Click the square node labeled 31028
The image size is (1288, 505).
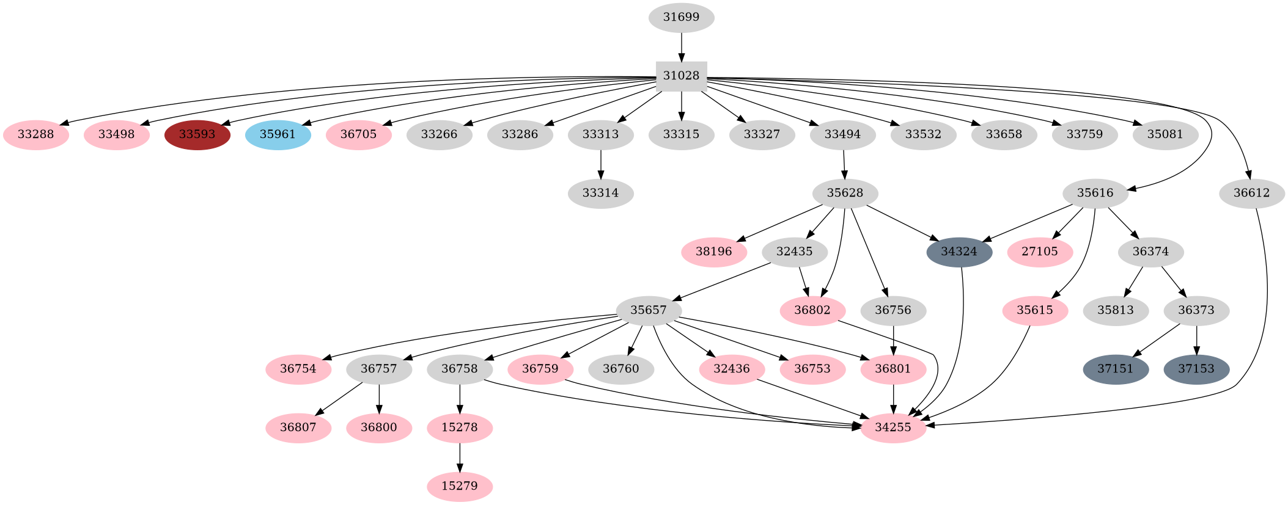[x=681, y=76]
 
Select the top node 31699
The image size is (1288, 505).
[x=681, y=17]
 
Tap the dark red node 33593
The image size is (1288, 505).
[x=197, y=134]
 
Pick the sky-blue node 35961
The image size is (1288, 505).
[x=278, y=134]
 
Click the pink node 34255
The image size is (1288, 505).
[x=892, y=427]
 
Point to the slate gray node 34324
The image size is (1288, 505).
[x=959, y=252]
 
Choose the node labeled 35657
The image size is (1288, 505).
[x=648, y=310]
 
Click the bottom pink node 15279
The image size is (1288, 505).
[x=459, y=486]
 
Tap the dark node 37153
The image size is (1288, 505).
[x=1196, y=369]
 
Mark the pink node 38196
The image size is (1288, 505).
[x=713, y=252]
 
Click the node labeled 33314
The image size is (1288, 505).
[x=600, y=193]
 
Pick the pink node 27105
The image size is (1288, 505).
[x=1039, y=252]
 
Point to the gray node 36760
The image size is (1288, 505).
[x=620, y=369]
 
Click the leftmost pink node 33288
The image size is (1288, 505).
[x=35, y=134]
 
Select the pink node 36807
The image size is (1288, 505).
[x=298, y=427]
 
